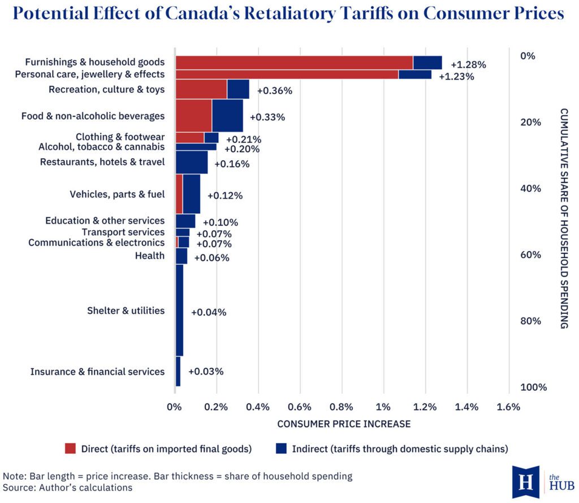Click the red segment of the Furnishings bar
[294, 63]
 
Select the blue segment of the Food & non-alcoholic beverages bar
[227, 115]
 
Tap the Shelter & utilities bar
[179, 310]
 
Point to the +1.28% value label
[468, 65]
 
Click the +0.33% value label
[267, 117]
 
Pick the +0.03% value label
[206, 371]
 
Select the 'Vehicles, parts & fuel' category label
[117, 194]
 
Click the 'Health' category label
[149, 256]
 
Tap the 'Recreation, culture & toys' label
[107, 90]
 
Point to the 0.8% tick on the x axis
[341, 407]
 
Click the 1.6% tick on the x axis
[508, 407]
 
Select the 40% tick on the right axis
[530, 189]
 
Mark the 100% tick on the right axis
[534, 387]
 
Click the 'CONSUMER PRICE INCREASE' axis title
[344, 424]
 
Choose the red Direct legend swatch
[70, 448]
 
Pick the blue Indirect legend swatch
[281, 448]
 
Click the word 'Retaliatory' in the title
[289, 14]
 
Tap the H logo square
[526, 482]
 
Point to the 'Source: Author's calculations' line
[68, 488]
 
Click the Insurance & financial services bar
[178, 371]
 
